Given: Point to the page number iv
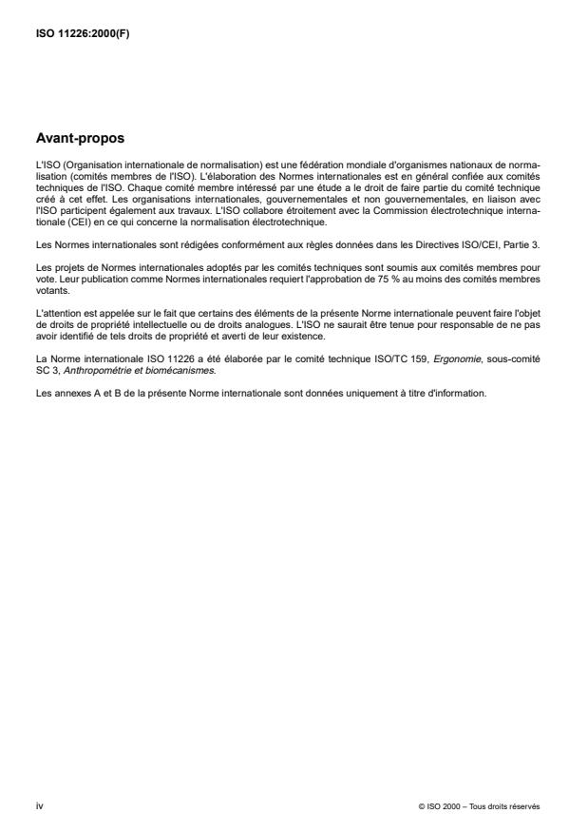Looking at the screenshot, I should pyautogui.click(x=39, y=805).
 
